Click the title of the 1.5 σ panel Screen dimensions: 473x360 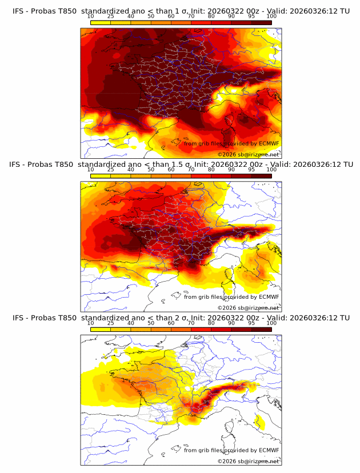tap(181, 165)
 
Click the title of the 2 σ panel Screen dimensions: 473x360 tap(181, 318)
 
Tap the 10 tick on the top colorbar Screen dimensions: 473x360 tap(91, 17)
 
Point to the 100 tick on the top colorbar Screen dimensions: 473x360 tap(271, 17)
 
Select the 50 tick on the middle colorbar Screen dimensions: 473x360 tap(151, 170)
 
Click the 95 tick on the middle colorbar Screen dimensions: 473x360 tap(251, 170)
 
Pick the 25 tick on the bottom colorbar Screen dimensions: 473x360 tap(111, 323)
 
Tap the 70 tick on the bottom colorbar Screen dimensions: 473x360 tap(191, 323)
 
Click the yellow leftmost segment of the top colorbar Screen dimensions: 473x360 tap(101, 23)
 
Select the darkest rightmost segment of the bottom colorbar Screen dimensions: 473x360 tap(261, 330)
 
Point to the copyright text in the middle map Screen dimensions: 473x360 tap(248, 307)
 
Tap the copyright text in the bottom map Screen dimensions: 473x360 tap(248, 461)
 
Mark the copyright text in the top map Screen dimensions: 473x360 tap(248, 154)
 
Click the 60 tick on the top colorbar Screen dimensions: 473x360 tap(171, 17)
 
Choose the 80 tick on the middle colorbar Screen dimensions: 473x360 tap(211, 170)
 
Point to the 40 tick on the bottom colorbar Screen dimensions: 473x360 tap(131, 323)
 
